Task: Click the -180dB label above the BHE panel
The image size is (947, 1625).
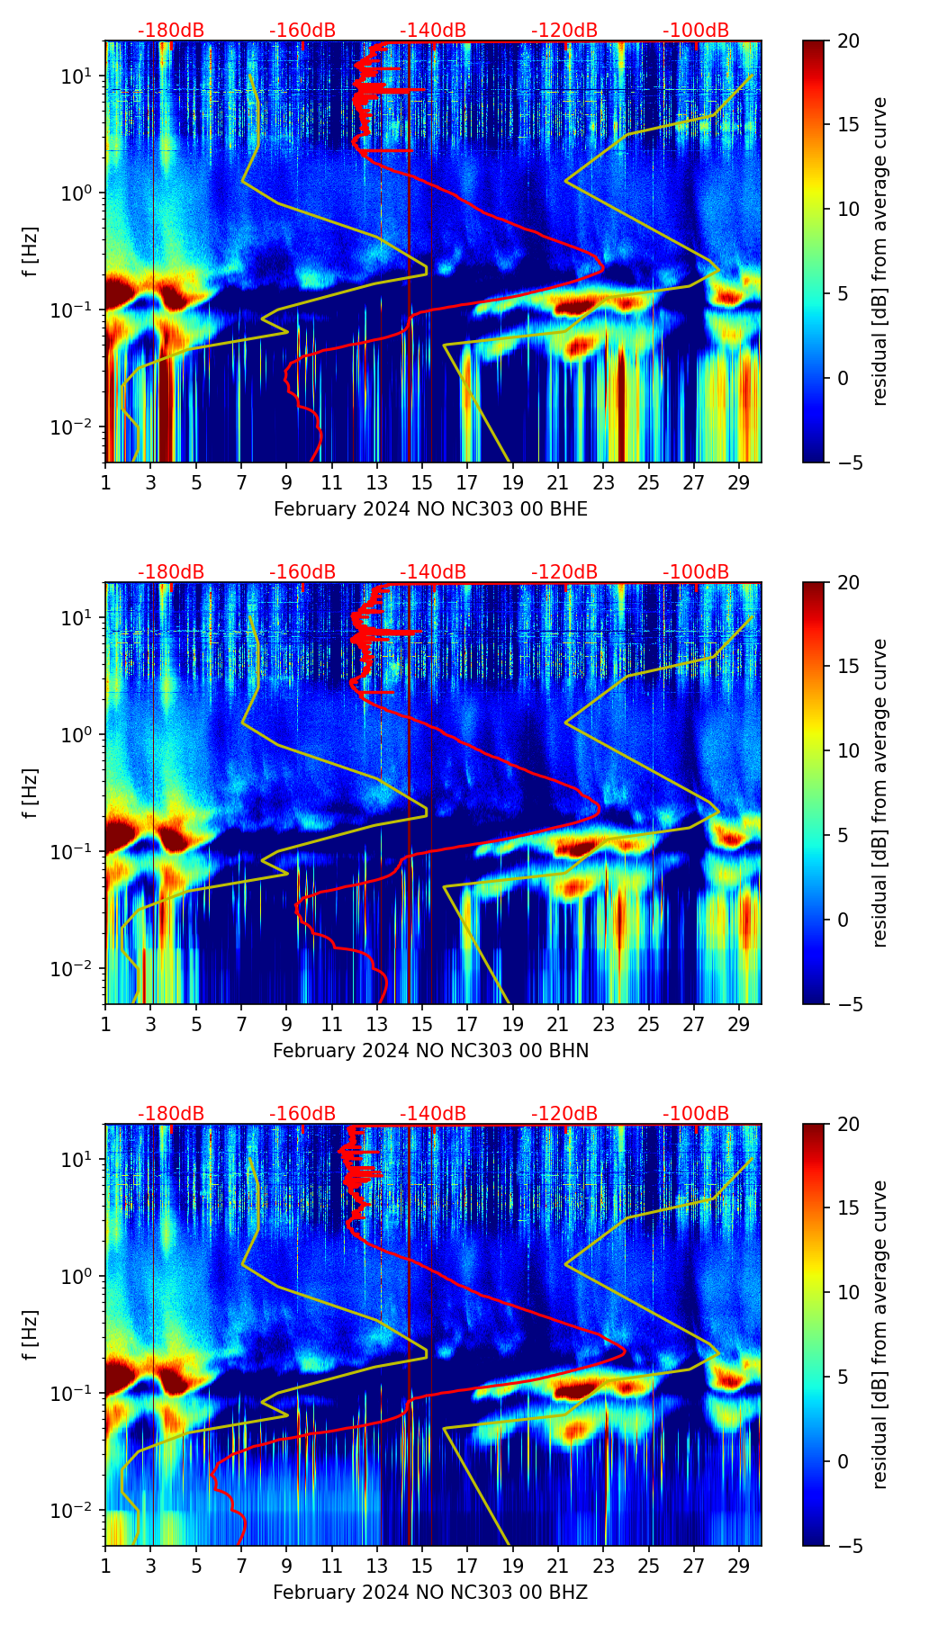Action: [171, 31]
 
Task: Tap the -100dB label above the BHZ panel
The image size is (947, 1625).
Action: [696, 1114]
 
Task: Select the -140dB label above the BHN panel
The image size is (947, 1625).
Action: [433, 572]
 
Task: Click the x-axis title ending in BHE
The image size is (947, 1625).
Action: [430, 509]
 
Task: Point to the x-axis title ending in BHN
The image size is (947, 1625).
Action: [430, 1051]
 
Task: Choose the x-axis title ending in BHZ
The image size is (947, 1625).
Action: [430, 1593]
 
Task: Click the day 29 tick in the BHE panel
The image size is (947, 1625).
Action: [739, 481]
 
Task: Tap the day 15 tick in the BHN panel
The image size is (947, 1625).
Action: [422, 1023]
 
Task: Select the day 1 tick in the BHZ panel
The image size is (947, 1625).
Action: [106, 1565]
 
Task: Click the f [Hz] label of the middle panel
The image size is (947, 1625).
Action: [31, 793]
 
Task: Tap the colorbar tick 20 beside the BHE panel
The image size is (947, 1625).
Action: [849, 40]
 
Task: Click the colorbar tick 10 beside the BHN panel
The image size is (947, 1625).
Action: [849, 750]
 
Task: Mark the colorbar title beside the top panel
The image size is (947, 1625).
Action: [879, 251]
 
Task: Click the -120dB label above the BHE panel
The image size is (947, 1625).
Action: [564, 31]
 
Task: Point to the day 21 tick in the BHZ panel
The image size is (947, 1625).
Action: [558, 1565]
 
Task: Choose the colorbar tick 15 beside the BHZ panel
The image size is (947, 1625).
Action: [849, 1208]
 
